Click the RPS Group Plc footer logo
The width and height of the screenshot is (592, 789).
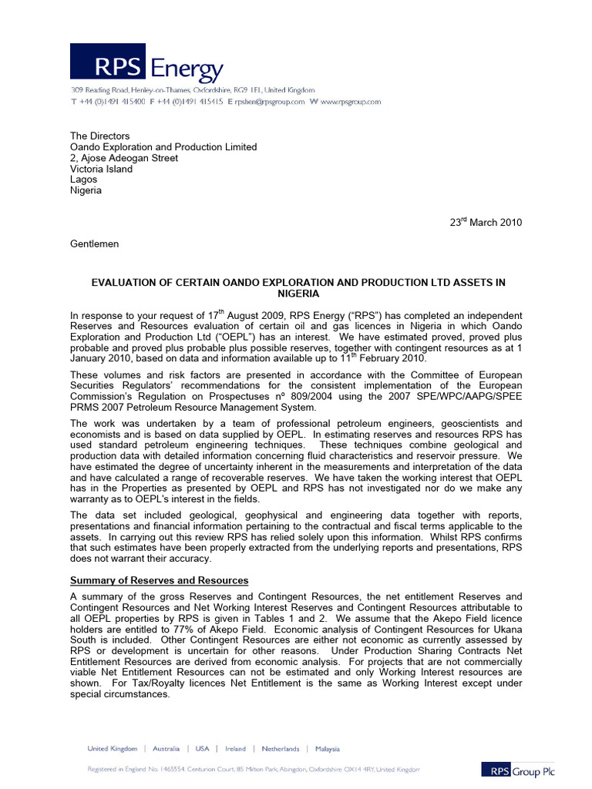(517, 769)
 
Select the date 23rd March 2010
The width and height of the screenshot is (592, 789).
(486, 223)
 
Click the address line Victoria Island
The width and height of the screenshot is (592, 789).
(101, 169)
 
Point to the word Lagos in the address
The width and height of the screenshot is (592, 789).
(83, 180)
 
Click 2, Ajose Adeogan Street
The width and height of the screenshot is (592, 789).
(124, 158)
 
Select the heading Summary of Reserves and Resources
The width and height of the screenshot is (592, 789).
(160, 580)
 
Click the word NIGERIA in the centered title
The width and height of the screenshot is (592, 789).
(297, 294)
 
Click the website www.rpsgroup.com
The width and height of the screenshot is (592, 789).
(351, 102)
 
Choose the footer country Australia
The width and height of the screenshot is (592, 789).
(166, 748)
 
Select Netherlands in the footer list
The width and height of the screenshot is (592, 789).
(280, 748)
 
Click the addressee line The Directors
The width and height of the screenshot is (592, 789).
(95, 136)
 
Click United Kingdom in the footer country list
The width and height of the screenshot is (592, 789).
(113, 748)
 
